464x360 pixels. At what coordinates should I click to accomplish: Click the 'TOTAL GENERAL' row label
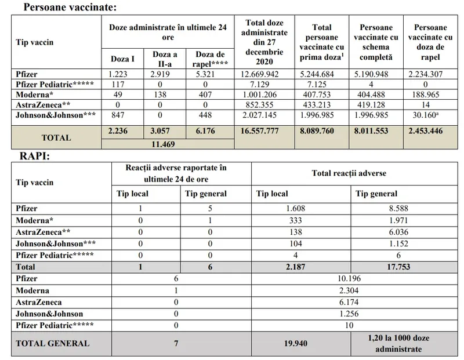53,343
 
